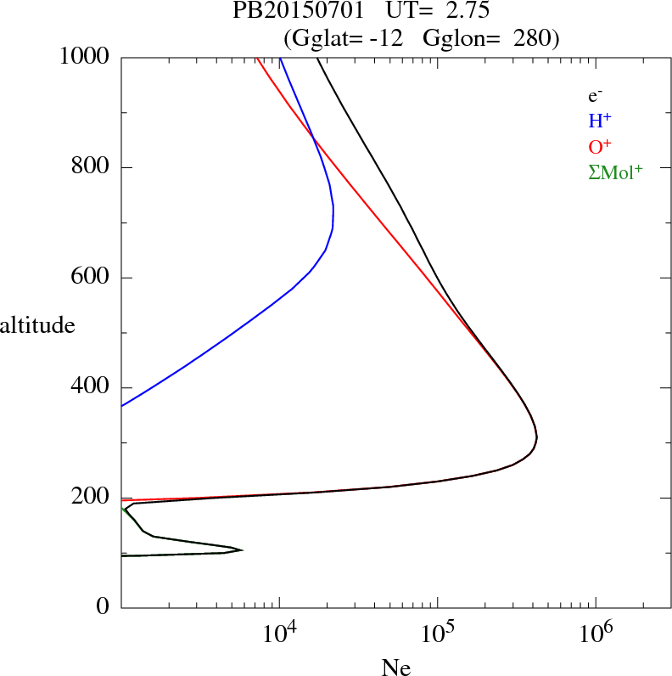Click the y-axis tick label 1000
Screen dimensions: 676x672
(x=86, y=57)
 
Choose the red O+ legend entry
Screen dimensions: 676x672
(x=599, y=146)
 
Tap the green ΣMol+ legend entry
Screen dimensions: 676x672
(x=615, y=172)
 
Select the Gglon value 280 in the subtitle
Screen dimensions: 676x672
(x=531, y=38)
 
